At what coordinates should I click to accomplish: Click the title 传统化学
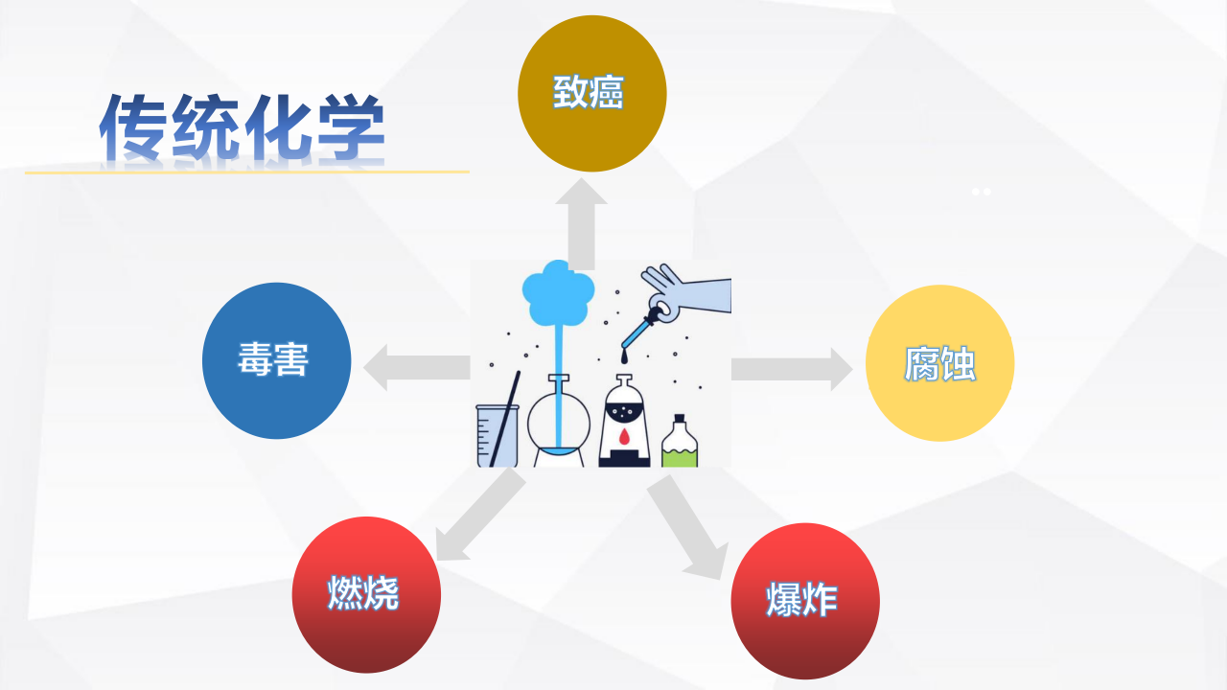243,127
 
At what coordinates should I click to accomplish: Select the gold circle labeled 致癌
592,94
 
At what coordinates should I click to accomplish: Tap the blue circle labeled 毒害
277,361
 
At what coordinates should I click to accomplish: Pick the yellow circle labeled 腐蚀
940,363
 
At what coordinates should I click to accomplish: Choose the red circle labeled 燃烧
366,595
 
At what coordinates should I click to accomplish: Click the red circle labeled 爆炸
805,601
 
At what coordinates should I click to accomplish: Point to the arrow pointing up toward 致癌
581,223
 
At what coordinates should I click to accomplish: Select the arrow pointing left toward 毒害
417,367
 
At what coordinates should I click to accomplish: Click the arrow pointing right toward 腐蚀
792,369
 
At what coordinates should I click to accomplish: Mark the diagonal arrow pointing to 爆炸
688,527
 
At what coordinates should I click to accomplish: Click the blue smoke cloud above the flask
558,293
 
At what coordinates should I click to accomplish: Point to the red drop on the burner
624,437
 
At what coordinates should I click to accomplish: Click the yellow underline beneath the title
247,172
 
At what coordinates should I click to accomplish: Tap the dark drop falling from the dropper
624,357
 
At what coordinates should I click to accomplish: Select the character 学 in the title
352,128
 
